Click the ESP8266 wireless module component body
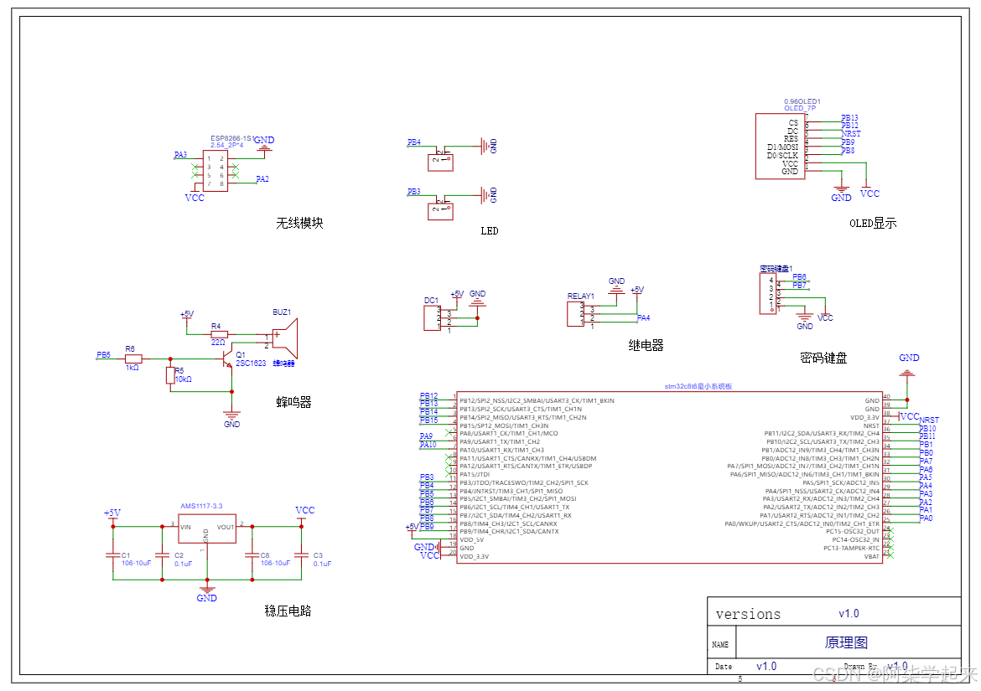(x=215, y=171)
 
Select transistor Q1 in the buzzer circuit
(x=226, y=358)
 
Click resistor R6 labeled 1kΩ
(x=133, y=358)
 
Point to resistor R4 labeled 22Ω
(x=218, y=333)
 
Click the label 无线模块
(x=299, y=224)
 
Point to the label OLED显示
(x=872, y=223)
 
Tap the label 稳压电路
(x=288, y=611)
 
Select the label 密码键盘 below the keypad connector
(x=823, y=358)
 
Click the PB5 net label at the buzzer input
(x=103, y=355)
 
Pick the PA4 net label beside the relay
(x=643, y=318)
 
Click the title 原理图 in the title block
(x=846, y=642)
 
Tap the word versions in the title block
(x=748, y=614)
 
